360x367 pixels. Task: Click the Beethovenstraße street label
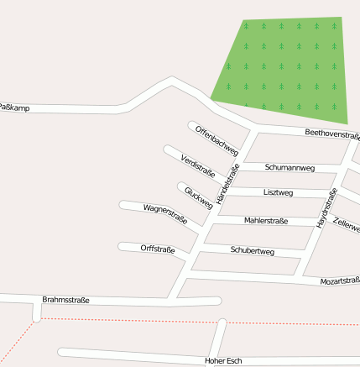coord(332,134)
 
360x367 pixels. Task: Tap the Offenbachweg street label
coord(217,140)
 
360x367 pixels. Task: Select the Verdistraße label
coord(197,165)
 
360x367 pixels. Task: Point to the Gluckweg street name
coord(198,198)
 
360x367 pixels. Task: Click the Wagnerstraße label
coord(164,214)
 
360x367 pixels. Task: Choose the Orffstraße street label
coord(158,249)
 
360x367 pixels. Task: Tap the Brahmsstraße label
coord(65,300)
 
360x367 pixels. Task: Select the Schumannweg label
coord(290,168)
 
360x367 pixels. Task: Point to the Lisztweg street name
coord(278,193)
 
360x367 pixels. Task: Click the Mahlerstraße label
coord(266,221)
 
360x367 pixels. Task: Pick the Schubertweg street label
coord(252,251)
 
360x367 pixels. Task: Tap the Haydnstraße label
coord(326,208)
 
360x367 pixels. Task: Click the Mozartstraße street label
coord(340,280)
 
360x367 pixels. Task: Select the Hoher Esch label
coord(223,360)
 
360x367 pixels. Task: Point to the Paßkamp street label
coord(14,107)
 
